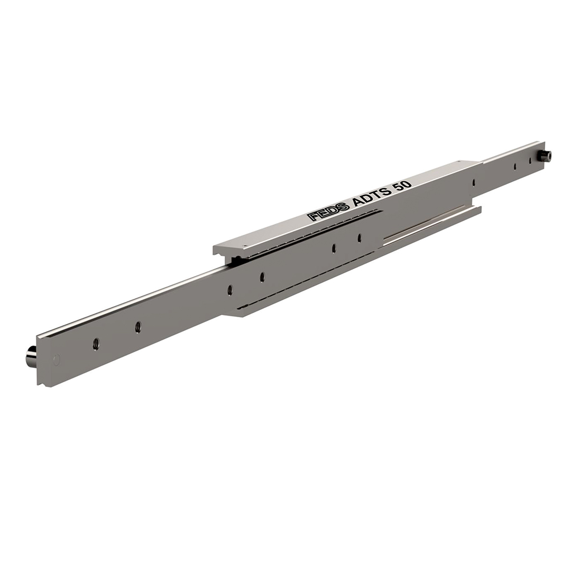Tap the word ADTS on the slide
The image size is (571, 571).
pos(370,198)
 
